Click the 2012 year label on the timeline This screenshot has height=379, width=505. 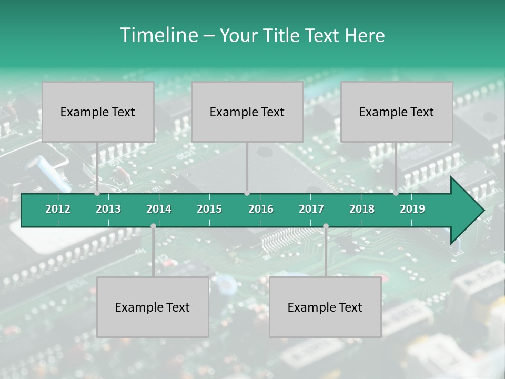click(58, 209)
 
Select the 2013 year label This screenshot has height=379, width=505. click(108, 209)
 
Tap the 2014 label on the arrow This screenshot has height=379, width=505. click(159, 209)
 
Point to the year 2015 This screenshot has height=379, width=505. click(209, 209)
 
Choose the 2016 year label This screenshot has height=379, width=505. click(261, 209)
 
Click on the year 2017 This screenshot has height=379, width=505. click(311, 209)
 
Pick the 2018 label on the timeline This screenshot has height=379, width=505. click(362, 209)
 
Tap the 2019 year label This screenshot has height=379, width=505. click(412, 209)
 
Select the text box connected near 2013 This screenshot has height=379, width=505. click(98, 112)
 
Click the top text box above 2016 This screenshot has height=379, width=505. click(247, 112)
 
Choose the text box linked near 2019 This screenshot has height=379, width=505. click(397, 112)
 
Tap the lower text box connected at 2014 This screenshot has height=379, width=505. click(153, 307)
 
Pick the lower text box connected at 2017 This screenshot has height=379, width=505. click(325, 307)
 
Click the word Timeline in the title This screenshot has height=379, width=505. click(158, 35)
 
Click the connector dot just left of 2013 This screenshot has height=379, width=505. click(97, 193)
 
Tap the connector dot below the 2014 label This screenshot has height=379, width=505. click(153, 226)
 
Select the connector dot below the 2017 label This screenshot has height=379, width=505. click(326, 226)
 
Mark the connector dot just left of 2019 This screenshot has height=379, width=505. click(396, 193)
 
